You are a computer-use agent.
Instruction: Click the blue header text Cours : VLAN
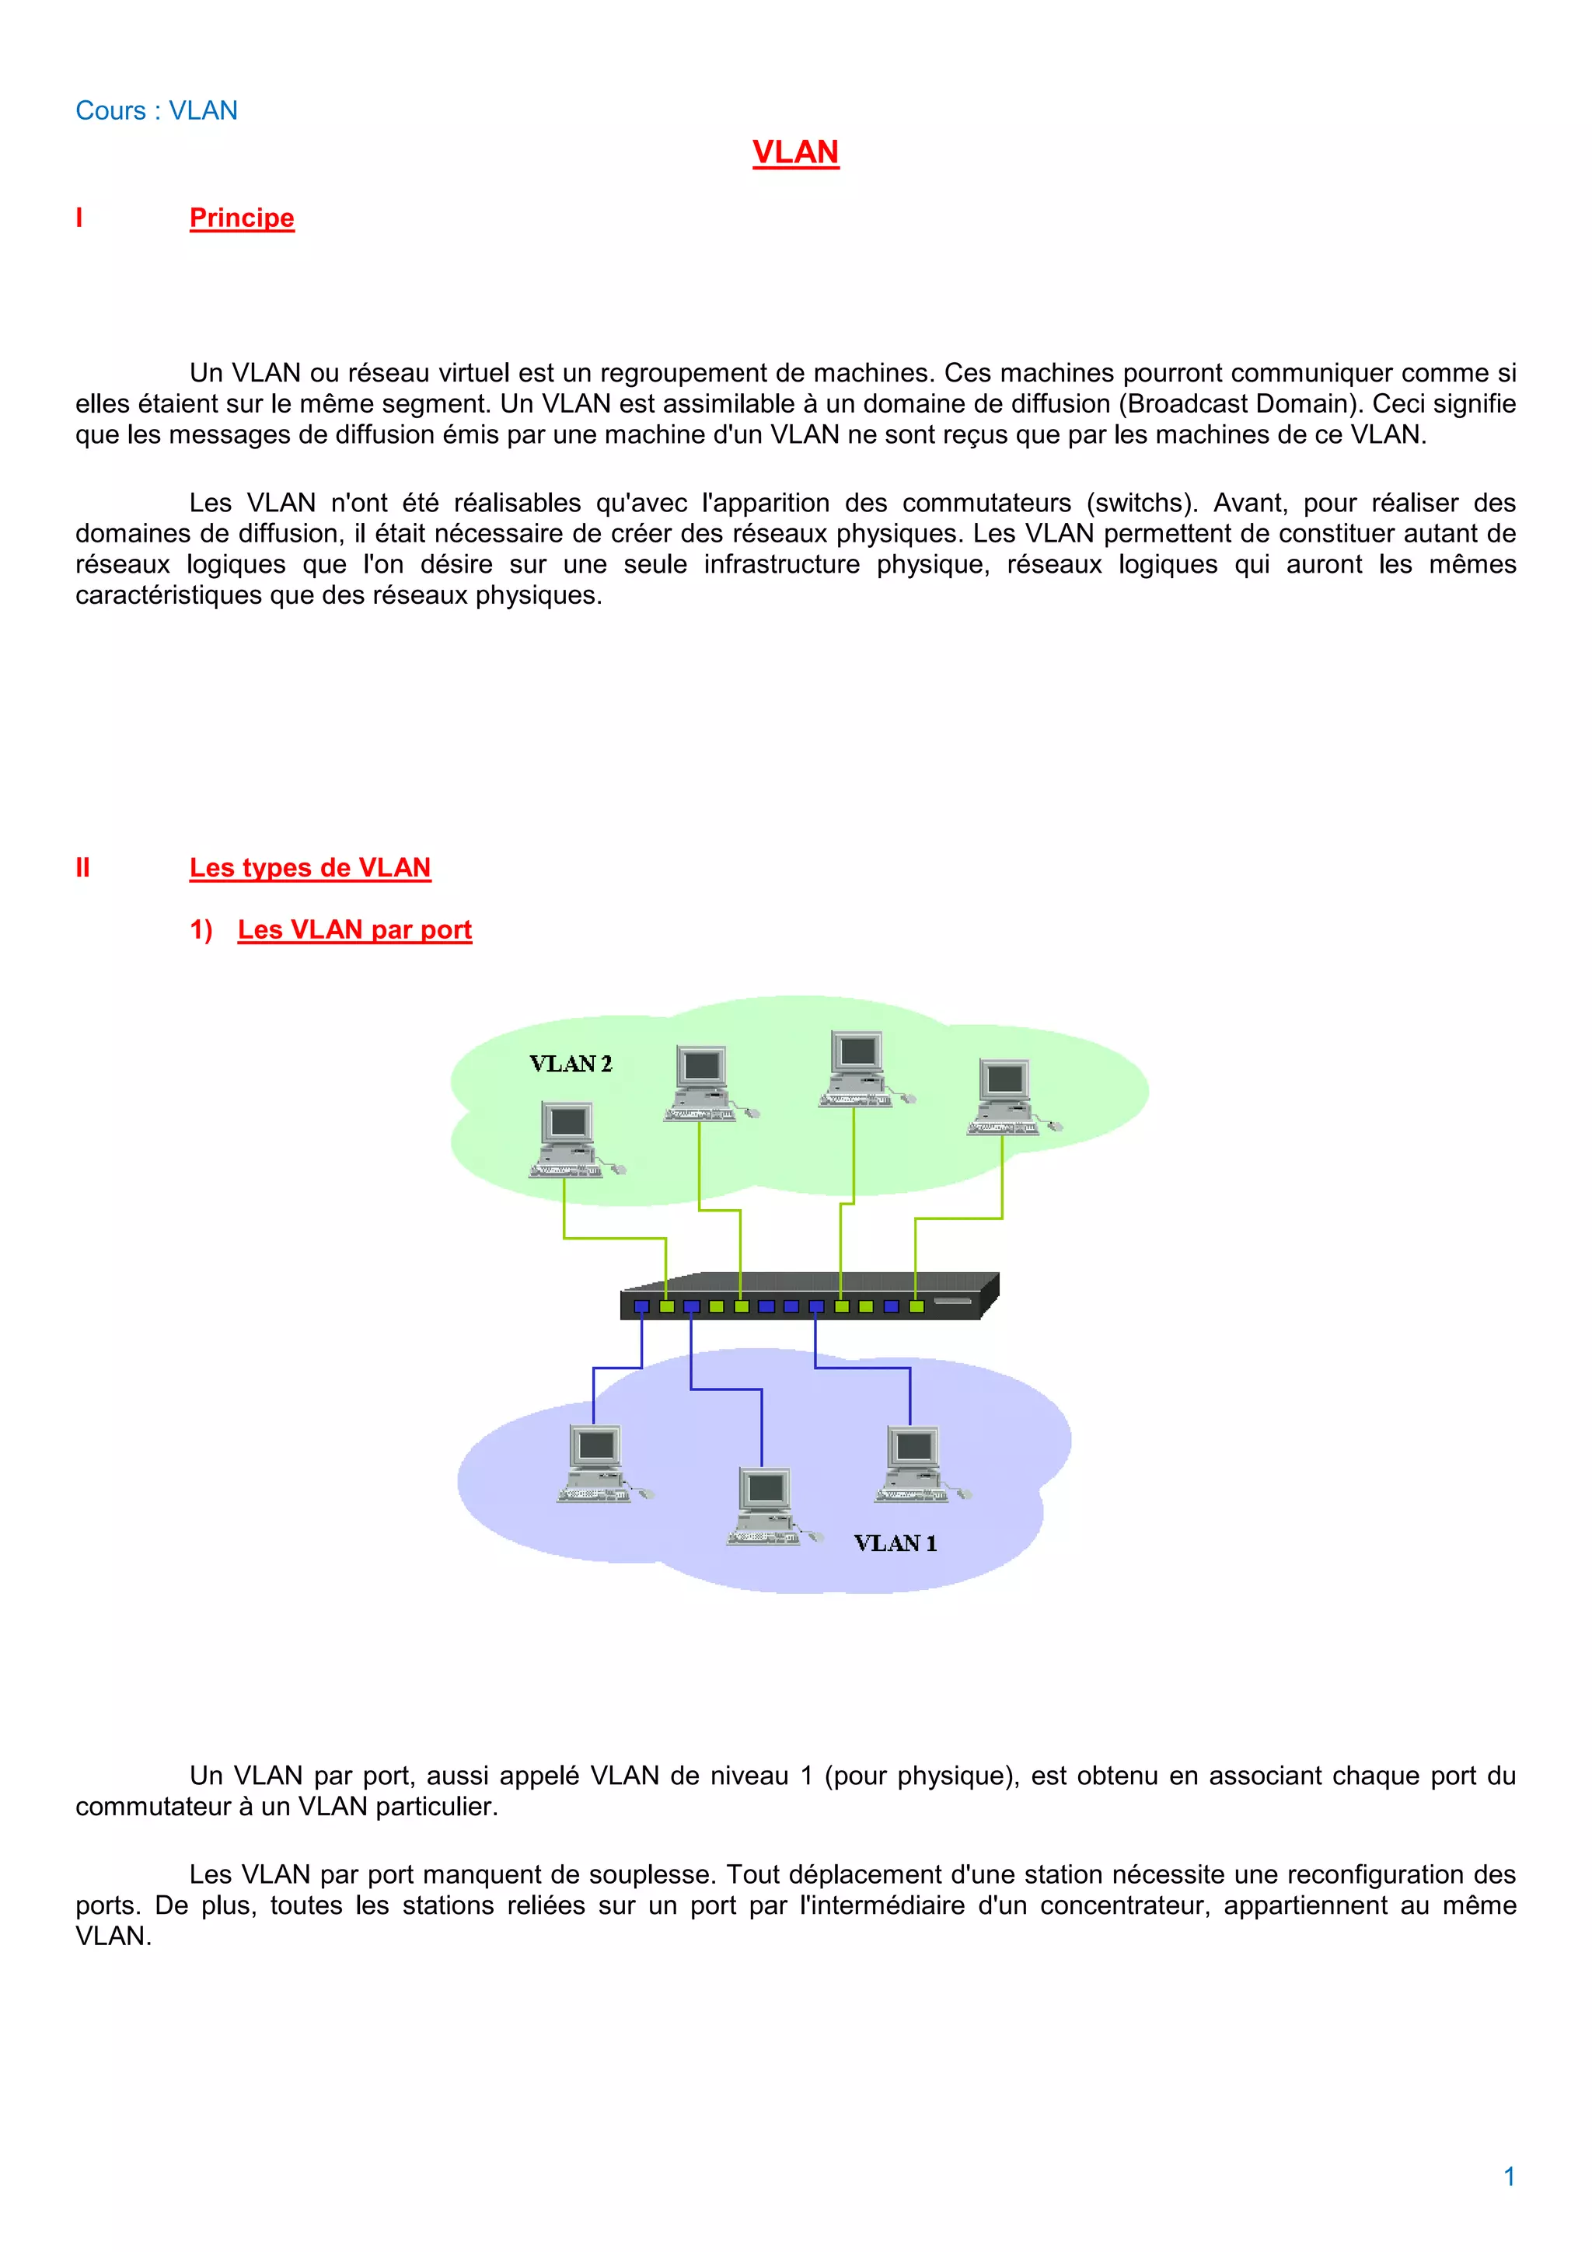pyautogui.click(x=156, y=111)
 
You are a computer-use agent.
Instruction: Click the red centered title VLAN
pyautogui.click(x=795, y=152)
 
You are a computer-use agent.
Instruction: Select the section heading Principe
pyautogui.click(x=241, y=218)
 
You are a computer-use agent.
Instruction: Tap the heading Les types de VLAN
pyautogui.click(x=310, y=868)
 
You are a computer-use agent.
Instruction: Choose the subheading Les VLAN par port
pyautogui.click(x=354, y=930)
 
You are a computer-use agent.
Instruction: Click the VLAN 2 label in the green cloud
pyautogui.click(x=570, y=1064)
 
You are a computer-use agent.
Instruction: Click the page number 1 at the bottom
pyautogui.click(x=1510, y=2177)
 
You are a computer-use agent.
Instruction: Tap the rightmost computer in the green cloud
pyautogui.click(x=1008, y=1096)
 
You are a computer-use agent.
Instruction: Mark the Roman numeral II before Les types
pyautogui.click(x=82, y=868)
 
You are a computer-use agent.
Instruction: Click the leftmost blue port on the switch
pyautogui.click(x=641, y=1306)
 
